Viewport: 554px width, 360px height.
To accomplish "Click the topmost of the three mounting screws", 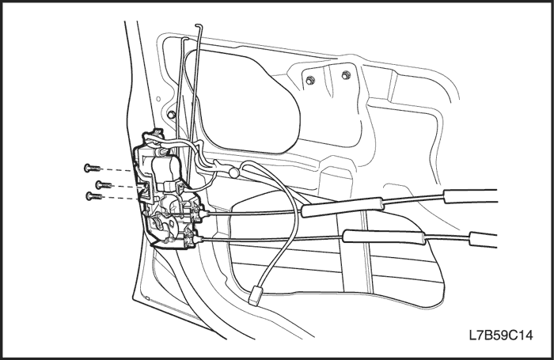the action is [92, 169].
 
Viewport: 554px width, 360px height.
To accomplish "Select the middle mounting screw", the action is [104, 184].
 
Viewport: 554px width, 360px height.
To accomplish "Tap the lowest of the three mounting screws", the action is [94, 195].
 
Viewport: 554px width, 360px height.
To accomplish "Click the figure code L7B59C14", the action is [501, 335].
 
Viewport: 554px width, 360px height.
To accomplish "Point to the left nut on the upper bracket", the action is [310, 80].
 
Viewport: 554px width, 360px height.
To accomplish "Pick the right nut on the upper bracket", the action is [346, 75].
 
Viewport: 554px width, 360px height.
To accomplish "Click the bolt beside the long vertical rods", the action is [172, 115].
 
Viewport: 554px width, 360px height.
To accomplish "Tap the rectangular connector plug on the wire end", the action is [255, 296].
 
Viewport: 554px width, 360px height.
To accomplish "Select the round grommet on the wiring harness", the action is [233, 172].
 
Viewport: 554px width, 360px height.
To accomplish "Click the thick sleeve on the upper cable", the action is [342, 207].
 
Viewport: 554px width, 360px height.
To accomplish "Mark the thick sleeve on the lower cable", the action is [384, 237].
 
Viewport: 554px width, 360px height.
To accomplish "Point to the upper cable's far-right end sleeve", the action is [470, 196].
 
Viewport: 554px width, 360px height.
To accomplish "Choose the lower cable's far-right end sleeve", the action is [483, 239].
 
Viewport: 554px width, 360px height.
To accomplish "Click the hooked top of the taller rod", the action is [198, 27].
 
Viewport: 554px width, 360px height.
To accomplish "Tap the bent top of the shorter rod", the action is [184, 38].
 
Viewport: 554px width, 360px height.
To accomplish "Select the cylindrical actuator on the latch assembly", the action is [165, 169].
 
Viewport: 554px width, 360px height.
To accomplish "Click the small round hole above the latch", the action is [158, 99].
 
